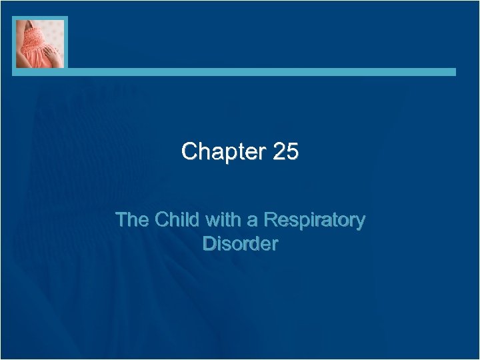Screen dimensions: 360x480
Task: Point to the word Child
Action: click(x=175, y=220)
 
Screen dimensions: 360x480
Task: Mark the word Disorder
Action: click(x=240, y=244)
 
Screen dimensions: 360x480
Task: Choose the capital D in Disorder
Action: click(x=208, y=244)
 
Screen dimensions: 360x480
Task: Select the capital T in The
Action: click(x=121, y=220)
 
